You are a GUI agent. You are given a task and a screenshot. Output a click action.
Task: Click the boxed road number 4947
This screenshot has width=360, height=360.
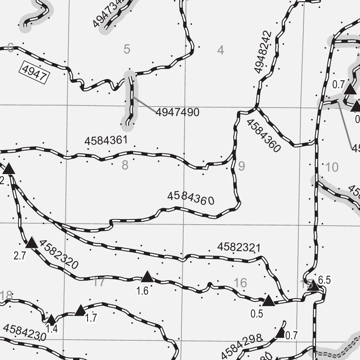34,72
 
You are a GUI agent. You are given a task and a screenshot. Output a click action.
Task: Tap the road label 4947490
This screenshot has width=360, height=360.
178,112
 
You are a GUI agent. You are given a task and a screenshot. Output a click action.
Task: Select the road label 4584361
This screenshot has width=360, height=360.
106,141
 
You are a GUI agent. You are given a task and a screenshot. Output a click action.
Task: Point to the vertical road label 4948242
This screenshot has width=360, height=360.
264,52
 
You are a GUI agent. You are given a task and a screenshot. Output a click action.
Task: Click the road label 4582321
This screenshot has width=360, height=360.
239,247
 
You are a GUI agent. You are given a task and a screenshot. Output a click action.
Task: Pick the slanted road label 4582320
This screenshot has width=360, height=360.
59,255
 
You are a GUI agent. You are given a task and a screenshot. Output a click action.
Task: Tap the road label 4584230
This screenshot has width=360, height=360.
25,333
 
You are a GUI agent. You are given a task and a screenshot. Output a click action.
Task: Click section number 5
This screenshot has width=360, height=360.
127,49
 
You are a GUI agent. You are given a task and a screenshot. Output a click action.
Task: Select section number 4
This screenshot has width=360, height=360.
220,50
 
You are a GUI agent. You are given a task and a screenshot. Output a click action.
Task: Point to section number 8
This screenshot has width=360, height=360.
125,165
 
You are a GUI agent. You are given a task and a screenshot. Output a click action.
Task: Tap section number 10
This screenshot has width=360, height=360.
332,167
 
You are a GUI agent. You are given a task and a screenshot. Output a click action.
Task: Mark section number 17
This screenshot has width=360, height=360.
99,282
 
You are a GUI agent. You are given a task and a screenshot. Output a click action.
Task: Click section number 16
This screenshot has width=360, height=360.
240,283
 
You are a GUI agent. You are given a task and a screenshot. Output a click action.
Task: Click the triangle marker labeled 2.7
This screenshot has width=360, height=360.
32,243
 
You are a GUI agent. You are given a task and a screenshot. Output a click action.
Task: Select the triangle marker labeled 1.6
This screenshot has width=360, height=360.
147,277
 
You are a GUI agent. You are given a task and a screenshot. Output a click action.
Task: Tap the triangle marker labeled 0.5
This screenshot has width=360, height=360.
269,301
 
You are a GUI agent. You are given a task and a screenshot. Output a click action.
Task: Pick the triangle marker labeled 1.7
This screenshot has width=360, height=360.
81,310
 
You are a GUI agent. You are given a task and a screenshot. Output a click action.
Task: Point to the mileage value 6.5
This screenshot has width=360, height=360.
324,280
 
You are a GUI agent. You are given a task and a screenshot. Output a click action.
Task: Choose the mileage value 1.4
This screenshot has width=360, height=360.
52,329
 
